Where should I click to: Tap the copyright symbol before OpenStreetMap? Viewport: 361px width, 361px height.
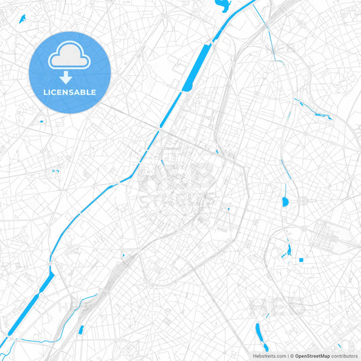(x=291, y=356)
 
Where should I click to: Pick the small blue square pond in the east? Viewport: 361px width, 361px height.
(x=301, y=259)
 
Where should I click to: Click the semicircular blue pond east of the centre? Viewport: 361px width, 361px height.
(x=284, y=202)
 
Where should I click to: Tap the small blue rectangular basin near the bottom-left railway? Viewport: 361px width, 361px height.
(x=81, y=330)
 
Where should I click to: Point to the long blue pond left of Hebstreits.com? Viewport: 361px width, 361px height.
(x=257, y=333)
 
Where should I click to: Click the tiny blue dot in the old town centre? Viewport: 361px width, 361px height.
(x=228, y=209)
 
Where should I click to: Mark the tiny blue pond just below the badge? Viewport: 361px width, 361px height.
(x=41, y=121)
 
